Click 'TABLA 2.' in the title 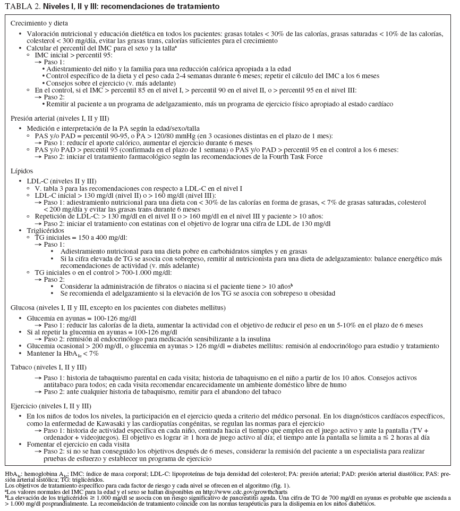(x=21, y=6)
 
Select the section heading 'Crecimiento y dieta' (x=39, y=24)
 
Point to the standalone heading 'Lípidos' (x=21, y=171)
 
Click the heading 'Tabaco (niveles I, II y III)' (x=48, y=367)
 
